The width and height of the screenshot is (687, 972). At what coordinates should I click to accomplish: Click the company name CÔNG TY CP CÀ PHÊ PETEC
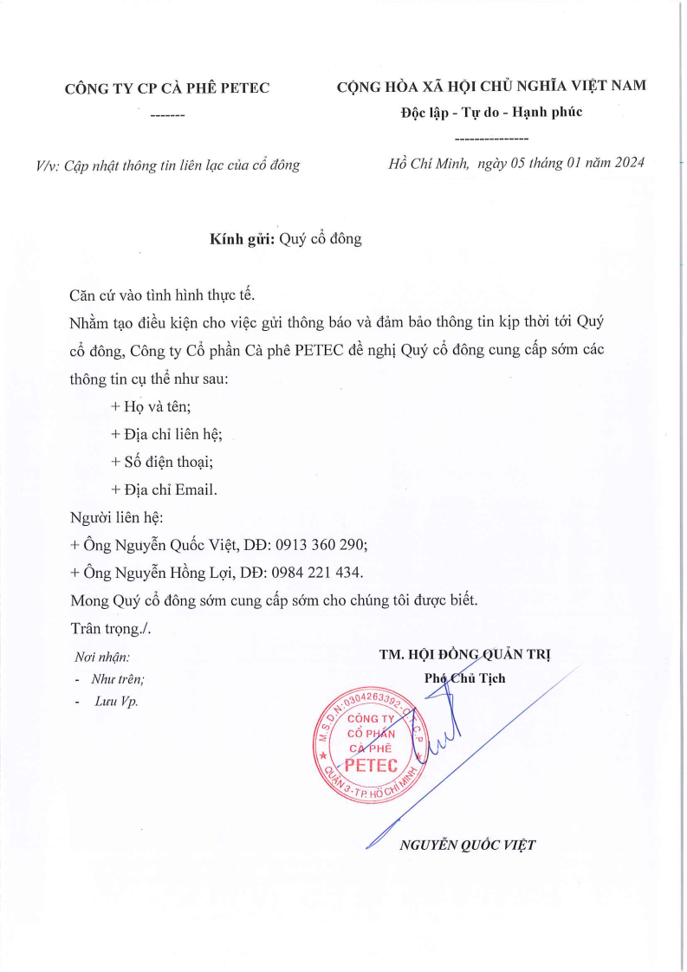(167, 87)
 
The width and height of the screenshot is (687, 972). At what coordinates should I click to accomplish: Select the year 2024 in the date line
(626, 163)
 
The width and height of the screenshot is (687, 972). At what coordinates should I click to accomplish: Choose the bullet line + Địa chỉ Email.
(164, 489)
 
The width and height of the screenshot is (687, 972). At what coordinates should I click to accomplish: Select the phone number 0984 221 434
(316, 573)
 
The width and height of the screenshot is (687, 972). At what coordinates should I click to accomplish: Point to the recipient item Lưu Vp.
(116, 701)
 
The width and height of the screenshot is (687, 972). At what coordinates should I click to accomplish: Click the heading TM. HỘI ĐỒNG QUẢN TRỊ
(465, 655)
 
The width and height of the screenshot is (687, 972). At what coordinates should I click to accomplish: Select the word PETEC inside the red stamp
(371, 764)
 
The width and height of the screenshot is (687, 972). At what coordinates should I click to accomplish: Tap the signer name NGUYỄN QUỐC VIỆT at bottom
(467, 845)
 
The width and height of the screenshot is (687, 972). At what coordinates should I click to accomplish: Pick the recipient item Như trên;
(118, 679)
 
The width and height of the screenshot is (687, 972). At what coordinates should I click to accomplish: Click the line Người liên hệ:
(116, 517)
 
